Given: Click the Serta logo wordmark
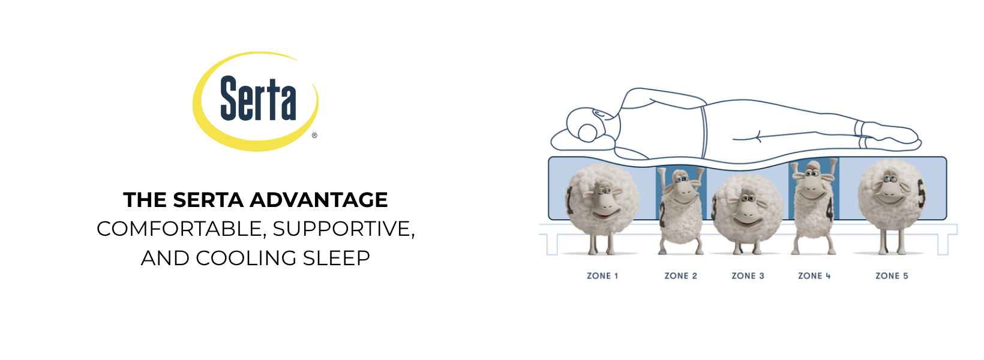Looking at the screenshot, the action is coord(258,98).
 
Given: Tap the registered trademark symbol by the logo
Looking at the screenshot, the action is coord(314,135).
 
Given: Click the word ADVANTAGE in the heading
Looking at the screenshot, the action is coord(319,200).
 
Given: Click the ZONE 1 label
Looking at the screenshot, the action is coord(602,276).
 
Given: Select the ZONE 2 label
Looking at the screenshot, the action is coord(680,276).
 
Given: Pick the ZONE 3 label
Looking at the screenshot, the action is coord(748,276).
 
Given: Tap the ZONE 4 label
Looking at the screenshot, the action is coord(814,276).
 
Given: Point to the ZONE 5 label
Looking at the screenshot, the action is coord(892,276).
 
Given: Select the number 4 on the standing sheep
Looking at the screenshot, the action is coord(829,210).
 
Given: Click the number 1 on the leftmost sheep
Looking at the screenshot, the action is coord(570,200).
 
